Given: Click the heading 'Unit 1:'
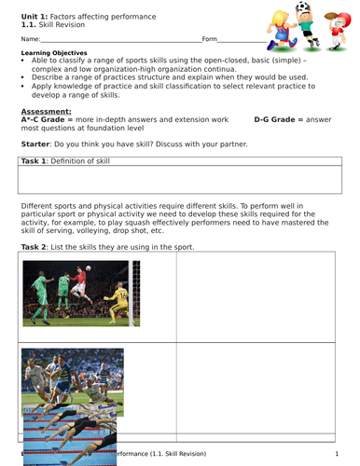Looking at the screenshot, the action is (x=35, y=17).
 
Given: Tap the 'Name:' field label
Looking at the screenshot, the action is (x=30, y=39).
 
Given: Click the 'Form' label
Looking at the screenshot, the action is (x=210, y=39).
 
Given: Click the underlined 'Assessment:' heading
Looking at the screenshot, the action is (x=46, y=111).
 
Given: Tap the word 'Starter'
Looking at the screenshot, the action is (x=35, y=145).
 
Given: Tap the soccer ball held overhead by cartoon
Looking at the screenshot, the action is (x=304, y=8).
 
